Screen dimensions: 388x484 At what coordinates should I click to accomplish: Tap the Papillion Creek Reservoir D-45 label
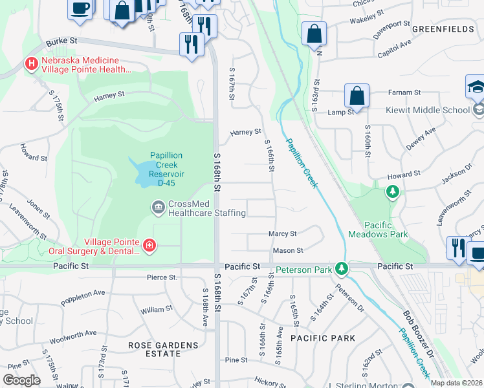pyautogui.click(x=166, y=169)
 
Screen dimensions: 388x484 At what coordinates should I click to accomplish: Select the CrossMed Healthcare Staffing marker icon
pyautogui.click(x=158, y=208)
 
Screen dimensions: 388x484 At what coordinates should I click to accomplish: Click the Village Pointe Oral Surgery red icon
pyautogui.click(x=149, y=245)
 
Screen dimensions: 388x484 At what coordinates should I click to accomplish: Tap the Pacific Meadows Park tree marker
pyautogui.click(x=392, y=191)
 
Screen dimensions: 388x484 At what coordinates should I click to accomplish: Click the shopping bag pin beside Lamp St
pyautogui.click(x=357, y=96)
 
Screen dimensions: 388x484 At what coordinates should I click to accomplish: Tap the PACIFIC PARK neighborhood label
pyautogui.click(x=323, y=338)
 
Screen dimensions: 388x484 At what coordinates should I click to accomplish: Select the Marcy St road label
pyautogui.click(x=283, y=233)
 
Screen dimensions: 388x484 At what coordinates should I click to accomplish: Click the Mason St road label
pyautogui.click(x=287, y=250)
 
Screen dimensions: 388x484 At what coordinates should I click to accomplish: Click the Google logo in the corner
pyautogui.click(x=21, y=380)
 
